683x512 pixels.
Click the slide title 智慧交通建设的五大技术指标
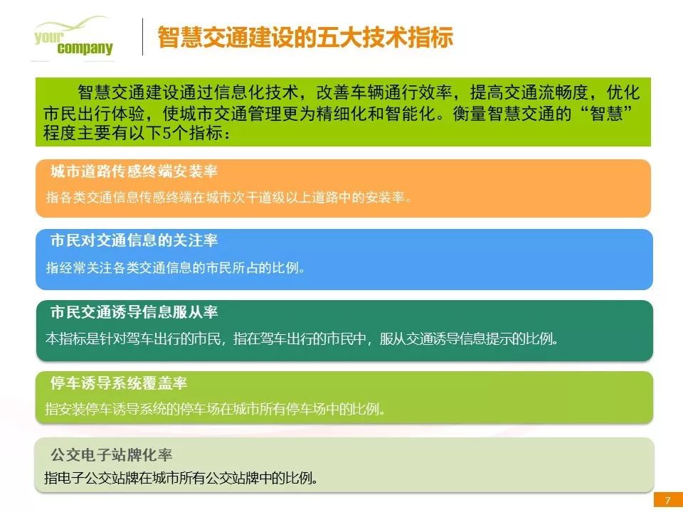[305, 38]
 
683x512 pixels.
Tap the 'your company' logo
[73, 38]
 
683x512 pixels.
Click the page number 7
[668, 500]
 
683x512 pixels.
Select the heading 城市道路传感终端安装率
[134, 171]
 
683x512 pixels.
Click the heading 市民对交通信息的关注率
[134, 240]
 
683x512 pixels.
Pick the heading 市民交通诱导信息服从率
[134, 311]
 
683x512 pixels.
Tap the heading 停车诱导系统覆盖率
[119, 383]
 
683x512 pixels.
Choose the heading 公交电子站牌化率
[112, 455]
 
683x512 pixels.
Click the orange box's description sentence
[228, 198]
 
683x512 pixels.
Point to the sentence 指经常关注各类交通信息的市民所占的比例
[175, 267]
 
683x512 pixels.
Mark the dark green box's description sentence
[302, 338]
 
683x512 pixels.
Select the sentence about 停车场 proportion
[215, 410]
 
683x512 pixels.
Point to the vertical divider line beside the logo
[142, 36]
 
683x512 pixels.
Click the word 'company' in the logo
[85, 48]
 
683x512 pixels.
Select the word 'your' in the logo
[48, 37]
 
